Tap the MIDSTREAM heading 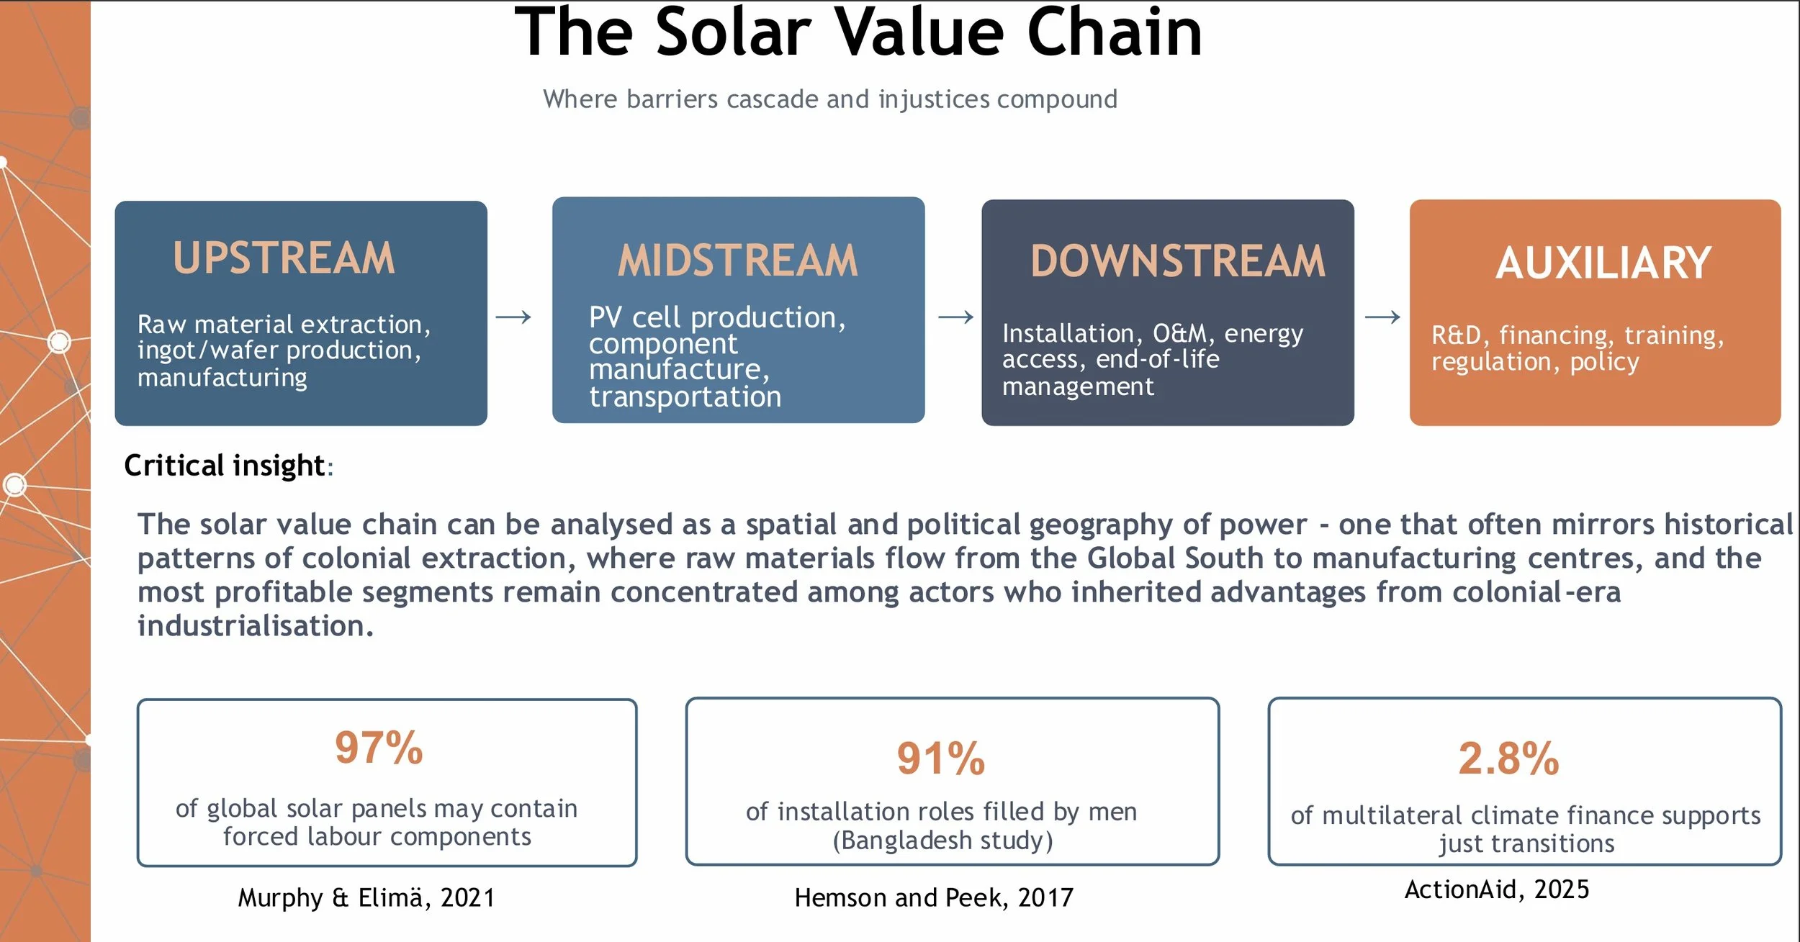(x=738, y=260)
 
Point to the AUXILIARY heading (x=1603, y=263)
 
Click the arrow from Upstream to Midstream (x=513, y=317)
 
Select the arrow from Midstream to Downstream (x=955, y=317)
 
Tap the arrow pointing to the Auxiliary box (x=1382, y=317)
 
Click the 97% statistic (x=379, y=748)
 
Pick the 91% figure (x=941, y=758)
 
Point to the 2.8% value (x=1509, y=758)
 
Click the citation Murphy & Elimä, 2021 (x=366, y=898)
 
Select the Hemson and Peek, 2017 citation (x=934, y=898)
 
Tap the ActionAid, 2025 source (x=1497, y=890)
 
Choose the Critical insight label (x=225, y=466)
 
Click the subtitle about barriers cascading (x=830, y=99)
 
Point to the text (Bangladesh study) (x=943, y=841)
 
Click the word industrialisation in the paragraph (x=256, y=626)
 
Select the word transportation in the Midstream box (x=685, y=397)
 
